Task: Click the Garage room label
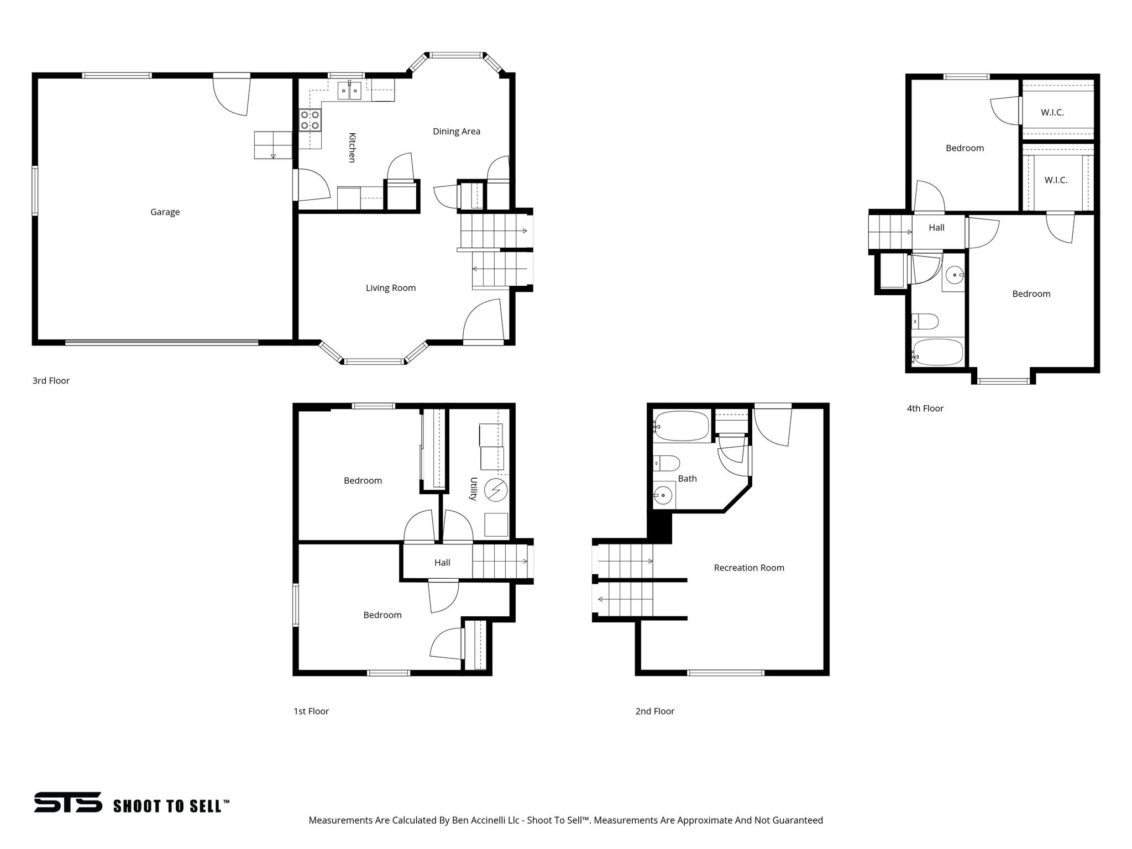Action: (165, 212)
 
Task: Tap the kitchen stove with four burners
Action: (310, 120)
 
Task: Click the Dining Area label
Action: (456, 131)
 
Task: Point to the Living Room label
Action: (390, 287)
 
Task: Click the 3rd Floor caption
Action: (51, 380)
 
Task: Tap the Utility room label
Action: (473, 489)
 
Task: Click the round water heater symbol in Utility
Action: (495, 490)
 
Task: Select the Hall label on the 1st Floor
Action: (442, 563)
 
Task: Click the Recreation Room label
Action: (748, 568)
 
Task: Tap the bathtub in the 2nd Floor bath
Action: (682, 426)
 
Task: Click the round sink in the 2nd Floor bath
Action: (663, 495)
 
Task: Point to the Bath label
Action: (687, 479)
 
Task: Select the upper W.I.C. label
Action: (1052, 112)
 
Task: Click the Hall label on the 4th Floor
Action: (936, 227)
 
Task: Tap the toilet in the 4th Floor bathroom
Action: (925, 321)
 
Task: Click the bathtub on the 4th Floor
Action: (937, 353)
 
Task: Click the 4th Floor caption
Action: (925, 408)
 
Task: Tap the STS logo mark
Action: (68, 802)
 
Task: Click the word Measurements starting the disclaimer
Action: (340, 820)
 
